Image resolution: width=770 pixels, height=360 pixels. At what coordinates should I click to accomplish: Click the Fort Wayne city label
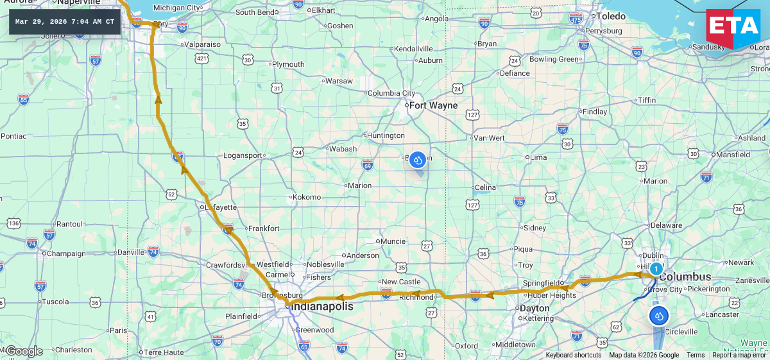(434, 105)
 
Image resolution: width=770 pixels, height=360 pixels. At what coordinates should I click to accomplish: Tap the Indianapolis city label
(323, 307)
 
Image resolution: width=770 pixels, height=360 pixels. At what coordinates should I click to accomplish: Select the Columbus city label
(685, 277)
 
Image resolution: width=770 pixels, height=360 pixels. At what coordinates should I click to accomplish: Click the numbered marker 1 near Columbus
(656, 269)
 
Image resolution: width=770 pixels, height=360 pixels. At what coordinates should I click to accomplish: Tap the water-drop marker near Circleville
(658, 316)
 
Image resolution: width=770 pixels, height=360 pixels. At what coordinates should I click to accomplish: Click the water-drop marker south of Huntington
(418, 159)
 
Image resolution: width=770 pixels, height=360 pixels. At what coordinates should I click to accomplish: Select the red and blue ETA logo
(733, 29)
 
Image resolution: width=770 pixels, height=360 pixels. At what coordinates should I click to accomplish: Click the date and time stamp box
(65, 22)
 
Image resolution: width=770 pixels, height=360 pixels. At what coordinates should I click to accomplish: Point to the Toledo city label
(611, 16)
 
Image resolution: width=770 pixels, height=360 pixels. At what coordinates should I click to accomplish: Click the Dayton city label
(535, 308)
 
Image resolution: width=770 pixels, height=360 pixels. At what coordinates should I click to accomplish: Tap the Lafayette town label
(221, 207)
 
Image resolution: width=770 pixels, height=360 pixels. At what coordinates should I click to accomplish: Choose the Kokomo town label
(307, 197)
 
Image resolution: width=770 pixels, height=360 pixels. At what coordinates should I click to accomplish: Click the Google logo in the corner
(24, 351)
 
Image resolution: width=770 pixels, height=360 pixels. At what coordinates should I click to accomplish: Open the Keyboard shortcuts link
(574, 355)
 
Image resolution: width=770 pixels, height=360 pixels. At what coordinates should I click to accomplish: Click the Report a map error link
(739, 355)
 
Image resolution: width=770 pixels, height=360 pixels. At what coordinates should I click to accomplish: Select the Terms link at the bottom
(696, 355)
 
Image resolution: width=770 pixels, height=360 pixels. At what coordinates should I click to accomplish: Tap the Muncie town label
(393, 241)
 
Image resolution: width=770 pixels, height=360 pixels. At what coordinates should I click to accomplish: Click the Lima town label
(539, 157)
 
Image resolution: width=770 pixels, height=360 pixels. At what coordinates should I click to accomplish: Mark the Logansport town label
(243, 155)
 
